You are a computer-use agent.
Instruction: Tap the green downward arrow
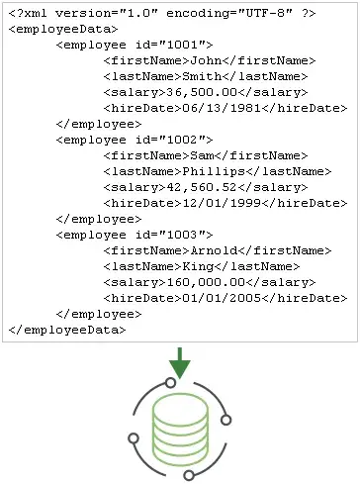pos(179,362)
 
